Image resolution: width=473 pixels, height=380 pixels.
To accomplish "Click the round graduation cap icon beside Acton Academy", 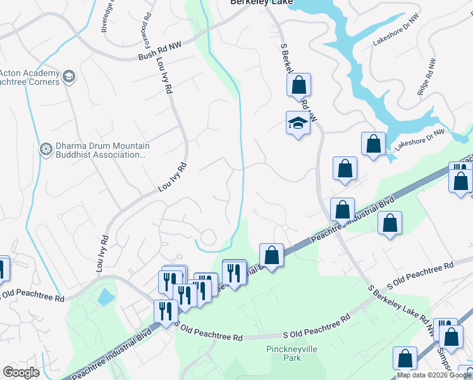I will pos(69,77).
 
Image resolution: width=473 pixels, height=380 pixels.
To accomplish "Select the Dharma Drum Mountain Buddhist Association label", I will pos(92,150).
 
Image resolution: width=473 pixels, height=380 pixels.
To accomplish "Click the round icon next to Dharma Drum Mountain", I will pos(45,149).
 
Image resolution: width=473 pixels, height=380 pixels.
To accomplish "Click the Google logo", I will pos(21,372).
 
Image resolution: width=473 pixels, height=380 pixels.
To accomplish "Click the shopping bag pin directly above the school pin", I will pos(298,84).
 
